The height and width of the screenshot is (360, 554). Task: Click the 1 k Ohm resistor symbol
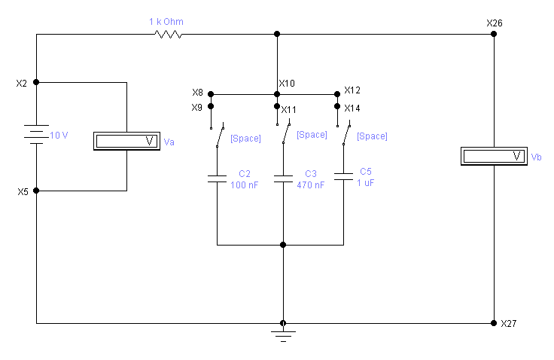coord(168,35)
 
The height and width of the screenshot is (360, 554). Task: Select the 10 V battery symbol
coord(36,134)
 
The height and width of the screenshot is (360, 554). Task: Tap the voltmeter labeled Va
coord(127,141)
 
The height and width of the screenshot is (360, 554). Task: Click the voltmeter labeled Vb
coord(494,156)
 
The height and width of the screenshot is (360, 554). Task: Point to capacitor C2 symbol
coord(217,178)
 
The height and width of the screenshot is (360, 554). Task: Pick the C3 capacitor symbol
coord(283,178)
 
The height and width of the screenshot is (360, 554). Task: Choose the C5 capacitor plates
coord(343,176)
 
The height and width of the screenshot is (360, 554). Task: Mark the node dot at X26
coord(494,34)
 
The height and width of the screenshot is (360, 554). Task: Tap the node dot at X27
coord(494,323)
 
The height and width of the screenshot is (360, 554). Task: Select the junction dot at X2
coord(36,82)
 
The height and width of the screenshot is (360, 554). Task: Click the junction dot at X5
coord(36,191)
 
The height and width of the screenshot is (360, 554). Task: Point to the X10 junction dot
coord(277,94)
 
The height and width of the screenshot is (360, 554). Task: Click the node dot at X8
coord(211,94)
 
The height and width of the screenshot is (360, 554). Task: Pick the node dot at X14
coord(337,106)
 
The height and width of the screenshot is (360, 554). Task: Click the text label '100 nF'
coord(244,185)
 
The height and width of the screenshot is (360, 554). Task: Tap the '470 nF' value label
coord(311,185)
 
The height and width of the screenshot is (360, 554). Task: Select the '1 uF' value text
coord(365,183)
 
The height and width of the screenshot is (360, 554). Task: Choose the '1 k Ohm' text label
coord(166,22)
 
